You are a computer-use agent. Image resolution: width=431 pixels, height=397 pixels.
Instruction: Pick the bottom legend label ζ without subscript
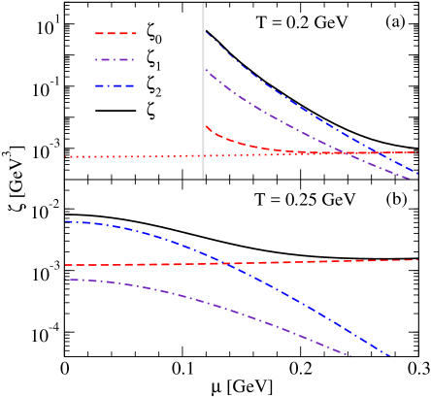(x=151, y=114)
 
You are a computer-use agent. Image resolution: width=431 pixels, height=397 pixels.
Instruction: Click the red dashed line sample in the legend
(x=116, y=34)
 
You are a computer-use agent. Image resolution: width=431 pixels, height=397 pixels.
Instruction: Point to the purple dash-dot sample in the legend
(x=116, y=60)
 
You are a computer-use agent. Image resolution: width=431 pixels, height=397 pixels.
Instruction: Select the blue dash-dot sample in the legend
(x=116, y=86)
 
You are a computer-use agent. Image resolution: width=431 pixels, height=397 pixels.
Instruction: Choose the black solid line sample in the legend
(x=116, y=113)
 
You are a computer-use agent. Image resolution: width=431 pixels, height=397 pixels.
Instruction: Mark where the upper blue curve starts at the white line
(x=206, y=33)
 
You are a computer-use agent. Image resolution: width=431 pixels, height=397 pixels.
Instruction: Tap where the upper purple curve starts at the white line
(x=206, y=69)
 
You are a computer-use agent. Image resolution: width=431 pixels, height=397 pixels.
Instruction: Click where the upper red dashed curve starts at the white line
(x=206, y=125)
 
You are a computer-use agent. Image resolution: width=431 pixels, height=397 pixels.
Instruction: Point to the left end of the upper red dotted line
(x=67, y=156)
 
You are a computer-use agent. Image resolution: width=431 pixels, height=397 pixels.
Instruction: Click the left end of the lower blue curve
(x=66, y=221)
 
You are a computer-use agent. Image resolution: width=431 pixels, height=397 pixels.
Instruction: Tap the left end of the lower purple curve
(x=66, y=280)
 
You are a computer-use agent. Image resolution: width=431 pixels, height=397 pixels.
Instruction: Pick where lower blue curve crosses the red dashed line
(x=224, y=263)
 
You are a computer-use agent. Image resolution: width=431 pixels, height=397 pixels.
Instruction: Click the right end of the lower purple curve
(x=350, y=356)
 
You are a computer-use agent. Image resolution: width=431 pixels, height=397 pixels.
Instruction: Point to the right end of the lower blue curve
(x=391, y=356)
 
